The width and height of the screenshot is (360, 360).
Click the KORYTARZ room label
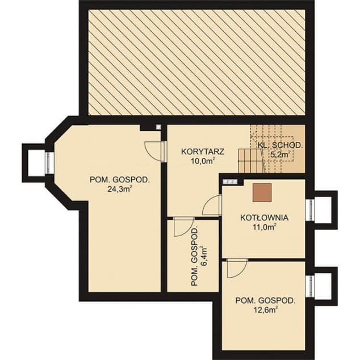(x=203, y=152)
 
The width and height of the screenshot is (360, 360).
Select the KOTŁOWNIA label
(x=264, y=217)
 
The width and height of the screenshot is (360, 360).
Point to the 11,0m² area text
(x=264, y=227)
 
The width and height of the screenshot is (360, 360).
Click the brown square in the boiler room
(x=262, y=192)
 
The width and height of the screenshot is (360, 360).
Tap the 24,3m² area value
(x=119, y=189)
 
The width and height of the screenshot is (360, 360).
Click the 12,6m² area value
(x=265, y=310)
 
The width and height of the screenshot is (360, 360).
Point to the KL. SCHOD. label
(x=280, y=145)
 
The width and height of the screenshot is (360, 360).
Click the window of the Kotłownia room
(x=311, y=210)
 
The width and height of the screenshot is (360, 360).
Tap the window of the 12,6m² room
(x=311, y=286)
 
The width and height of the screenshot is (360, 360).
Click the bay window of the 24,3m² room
(x=48, y=163)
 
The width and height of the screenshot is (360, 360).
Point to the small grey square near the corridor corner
(x=158, y=127)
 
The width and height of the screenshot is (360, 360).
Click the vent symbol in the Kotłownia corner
(x=230, y=182)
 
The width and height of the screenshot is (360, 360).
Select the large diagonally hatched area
(x=197, y=62)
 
